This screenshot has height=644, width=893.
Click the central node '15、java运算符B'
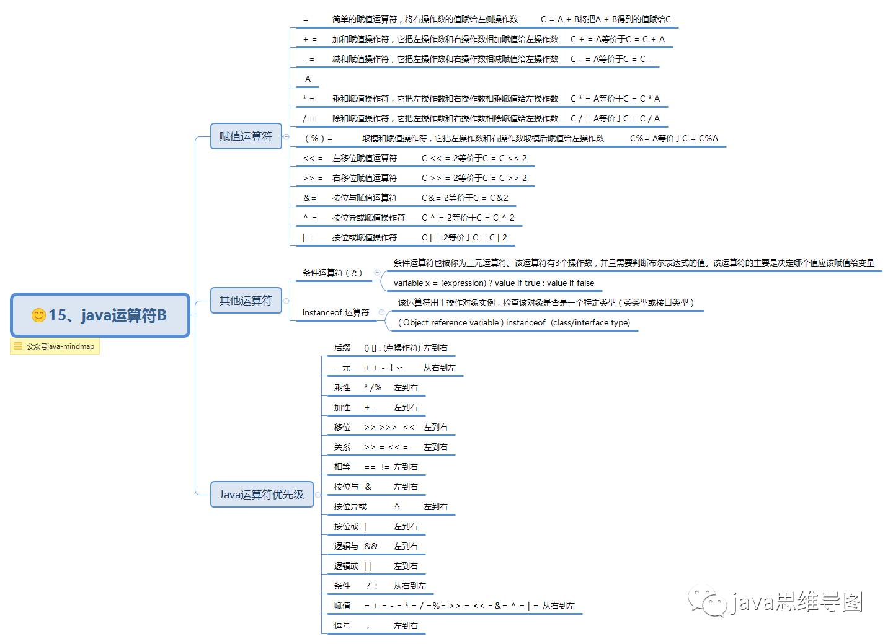click(x=100, y=315)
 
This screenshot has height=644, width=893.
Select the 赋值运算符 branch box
click(x=246, y=136)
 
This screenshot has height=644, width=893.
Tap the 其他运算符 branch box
click(x=246, y=301)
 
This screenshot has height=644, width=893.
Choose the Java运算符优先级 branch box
click(x=261, y=495)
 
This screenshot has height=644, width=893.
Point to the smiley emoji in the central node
click(x=38, y=315)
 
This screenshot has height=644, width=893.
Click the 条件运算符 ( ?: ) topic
click(x=332, y=273)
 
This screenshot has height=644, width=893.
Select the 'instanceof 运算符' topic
click(x=335, y=312)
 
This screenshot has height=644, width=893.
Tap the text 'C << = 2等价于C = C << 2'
click(x=474, y=159)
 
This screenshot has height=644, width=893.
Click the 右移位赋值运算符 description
click(x=365, y=179)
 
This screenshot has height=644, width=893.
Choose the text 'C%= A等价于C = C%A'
click(x=674, y=139)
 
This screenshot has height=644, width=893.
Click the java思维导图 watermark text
click(x=797, y=601)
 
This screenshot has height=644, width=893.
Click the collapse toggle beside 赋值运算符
click(x=286, y=136)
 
